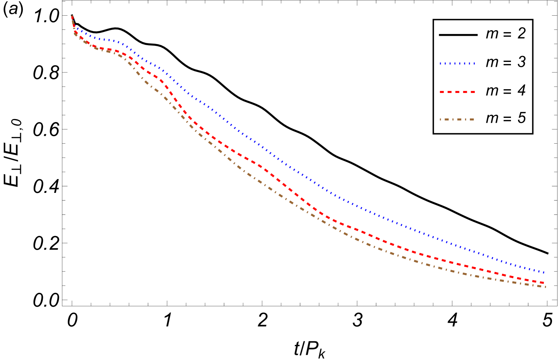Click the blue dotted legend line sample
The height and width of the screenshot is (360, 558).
(457, 64)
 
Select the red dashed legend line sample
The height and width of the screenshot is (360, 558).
(457, 92)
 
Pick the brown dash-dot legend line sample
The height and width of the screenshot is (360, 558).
(457, 119)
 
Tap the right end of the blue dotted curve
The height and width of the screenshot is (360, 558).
(545, 273)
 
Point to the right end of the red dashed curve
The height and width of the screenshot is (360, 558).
(545, 283)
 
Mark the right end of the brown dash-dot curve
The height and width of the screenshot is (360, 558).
(545, 287)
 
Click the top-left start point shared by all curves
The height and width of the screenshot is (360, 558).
(72, 16)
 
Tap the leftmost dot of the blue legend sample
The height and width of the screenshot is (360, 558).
(440, 64)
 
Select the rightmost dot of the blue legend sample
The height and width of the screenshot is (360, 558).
(474, 64)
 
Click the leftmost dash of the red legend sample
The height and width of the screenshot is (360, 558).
(442, 92)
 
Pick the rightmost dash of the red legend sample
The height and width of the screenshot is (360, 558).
(473, 92)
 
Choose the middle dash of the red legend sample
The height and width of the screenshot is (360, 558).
(458, 92)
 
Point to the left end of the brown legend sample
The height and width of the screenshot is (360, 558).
(440, 119)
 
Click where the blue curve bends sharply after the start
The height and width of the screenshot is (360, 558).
(75, 27)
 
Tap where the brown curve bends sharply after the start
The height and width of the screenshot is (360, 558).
(75, 34)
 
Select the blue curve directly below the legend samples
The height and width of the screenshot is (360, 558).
(457, 247)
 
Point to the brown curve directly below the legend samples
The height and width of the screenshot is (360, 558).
(457, 272)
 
